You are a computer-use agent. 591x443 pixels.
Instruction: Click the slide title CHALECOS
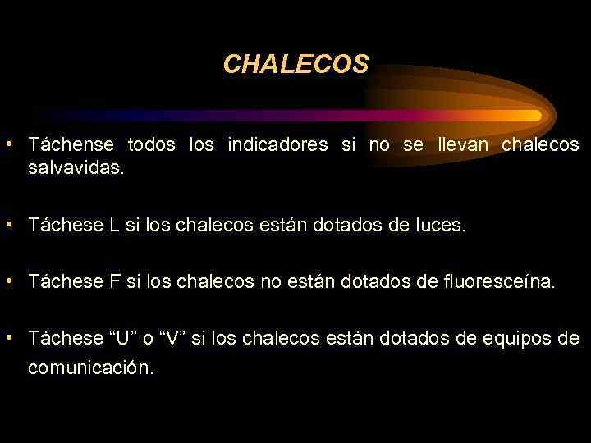pyautogui.click(x=295, y=64)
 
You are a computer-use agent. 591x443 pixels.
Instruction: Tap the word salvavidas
pyautogui.click(x=76, y=169)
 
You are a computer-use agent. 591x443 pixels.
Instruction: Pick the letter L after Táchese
pyautogui.click(x=113, y=225)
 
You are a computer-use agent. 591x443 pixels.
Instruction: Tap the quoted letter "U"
pyautogui.click(x=123, y=338)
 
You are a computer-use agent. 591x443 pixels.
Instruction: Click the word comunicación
pyautogui.click(x=90, y=368)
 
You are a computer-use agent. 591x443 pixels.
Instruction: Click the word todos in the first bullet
pyautogui.click(x=151, y=145)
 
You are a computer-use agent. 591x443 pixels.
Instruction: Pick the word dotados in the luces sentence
pyautogui.click(x=345, y=225)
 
